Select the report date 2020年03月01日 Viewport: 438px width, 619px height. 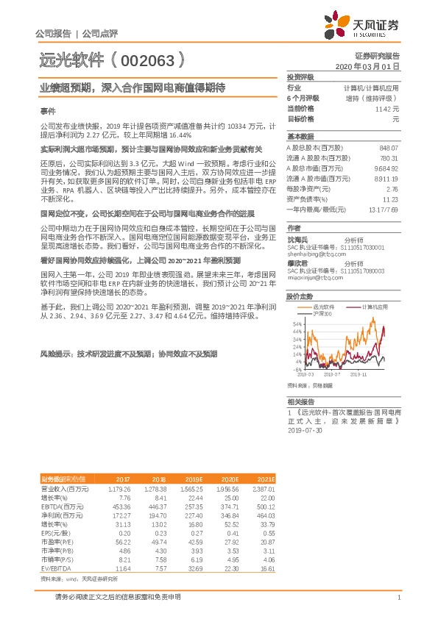[367, 66]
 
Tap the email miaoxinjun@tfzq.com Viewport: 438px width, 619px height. [314, 279]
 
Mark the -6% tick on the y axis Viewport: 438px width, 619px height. [297, 370]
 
